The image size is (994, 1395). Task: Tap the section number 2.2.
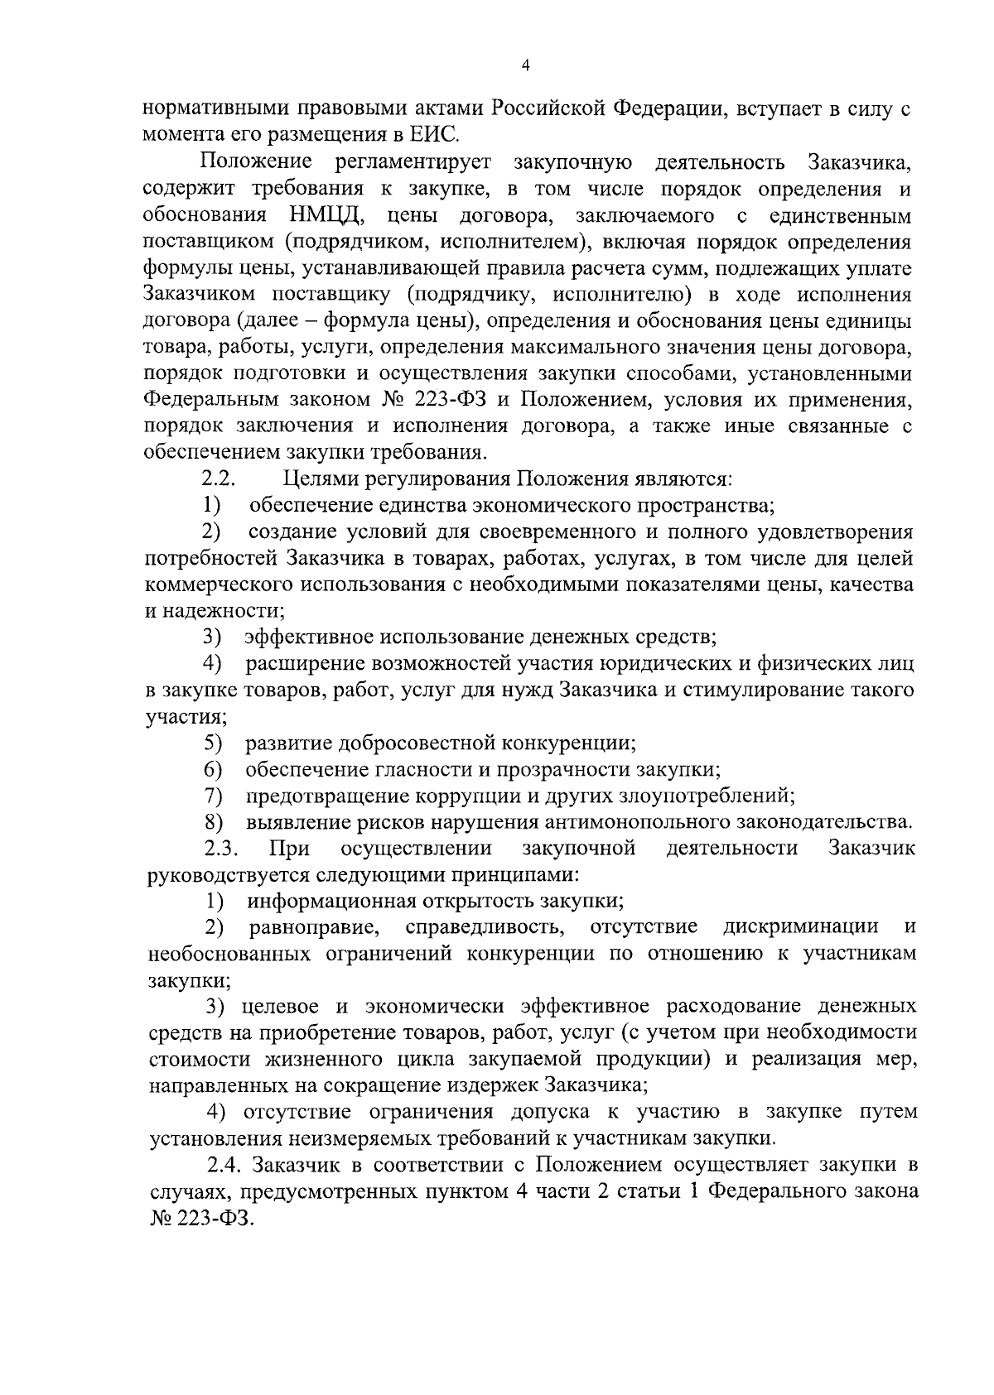click(220, 479)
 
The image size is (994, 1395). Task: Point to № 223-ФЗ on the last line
click(198, 1218)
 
